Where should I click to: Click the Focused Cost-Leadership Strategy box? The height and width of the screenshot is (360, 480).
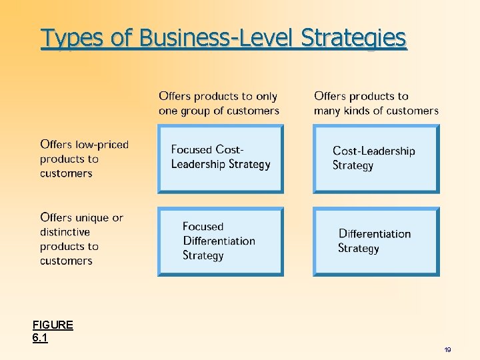coord(220,159)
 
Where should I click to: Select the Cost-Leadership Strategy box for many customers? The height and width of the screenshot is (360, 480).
coord(376,159)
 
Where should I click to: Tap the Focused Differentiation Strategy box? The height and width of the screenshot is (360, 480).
coord(220,241)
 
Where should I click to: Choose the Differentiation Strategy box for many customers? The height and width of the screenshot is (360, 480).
coord(376,241)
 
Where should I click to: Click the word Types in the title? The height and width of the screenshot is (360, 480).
coord(71,38)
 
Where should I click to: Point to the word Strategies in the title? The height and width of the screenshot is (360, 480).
coord(353,38)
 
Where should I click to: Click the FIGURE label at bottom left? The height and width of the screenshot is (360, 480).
coord(53,325)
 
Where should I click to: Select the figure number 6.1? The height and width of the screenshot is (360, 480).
coord(40,338)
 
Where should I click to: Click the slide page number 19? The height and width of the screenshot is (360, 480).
coord(447,350)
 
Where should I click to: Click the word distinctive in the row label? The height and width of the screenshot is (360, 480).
coord(65,232)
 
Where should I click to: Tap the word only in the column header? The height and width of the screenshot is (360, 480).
coord(265,97)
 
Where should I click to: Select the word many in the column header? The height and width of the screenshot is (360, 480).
coord(327,111)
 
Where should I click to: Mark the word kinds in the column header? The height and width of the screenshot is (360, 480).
coord(357,111)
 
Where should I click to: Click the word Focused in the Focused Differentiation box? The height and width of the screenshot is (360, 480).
coord(203,227)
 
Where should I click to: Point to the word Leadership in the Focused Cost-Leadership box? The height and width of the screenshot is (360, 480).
coord(201,165)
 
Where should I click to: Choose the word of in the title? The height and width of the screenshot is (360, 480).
coord(121,38)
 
